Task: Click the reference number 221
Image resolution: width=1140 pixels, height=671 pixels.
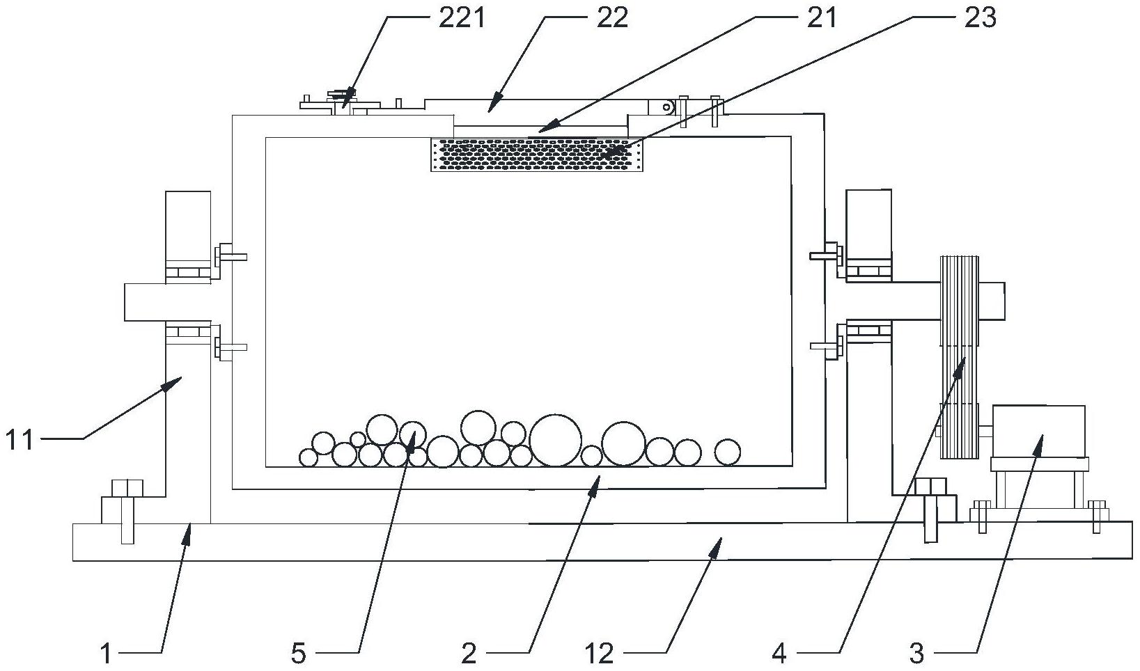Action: (461, 17)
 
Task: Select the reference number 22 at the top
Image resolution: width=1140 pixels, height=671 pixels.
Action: (612, 17)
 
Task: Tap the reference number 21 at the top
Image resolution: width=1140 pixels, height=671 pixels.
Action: (821, 17)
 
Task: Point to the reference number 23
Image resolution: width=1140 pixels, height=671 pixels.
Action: (980, 17)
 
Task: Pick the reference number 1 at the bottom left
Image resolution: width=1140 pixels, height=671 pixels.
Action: (106, 654)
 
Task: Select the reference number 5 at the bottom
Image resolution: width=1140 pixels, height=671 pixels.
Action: (298, 654)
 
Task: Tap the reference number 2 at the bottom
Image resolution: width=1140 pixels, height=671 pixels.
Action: (469, 654)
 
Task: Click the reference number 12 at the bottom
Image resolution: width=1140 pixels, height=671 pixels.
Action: (600, 654)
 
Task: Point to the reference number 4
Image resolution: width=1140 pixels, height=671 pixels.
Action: (779, 654)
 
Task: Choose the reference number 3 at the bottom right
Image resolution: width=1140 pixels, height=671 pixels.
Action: (916, 654)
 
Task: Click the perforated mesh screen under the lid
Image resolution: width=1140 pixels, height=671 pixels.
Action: (536, 154)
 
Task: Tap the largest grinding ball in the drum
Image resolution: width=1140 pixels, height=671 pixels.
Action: (555, 441)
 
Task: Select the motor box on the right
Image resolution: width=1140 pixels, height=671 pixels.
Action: (1038, 431)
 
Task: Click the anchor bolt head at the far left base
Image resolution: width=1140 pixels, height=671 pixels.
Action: (127, 487)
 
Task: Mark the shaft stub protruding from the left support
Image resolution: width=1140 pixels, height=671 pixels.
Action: (145, 302)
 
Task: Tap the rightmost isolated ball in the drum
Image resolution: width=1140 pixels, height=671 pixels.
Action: (728, 452)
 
